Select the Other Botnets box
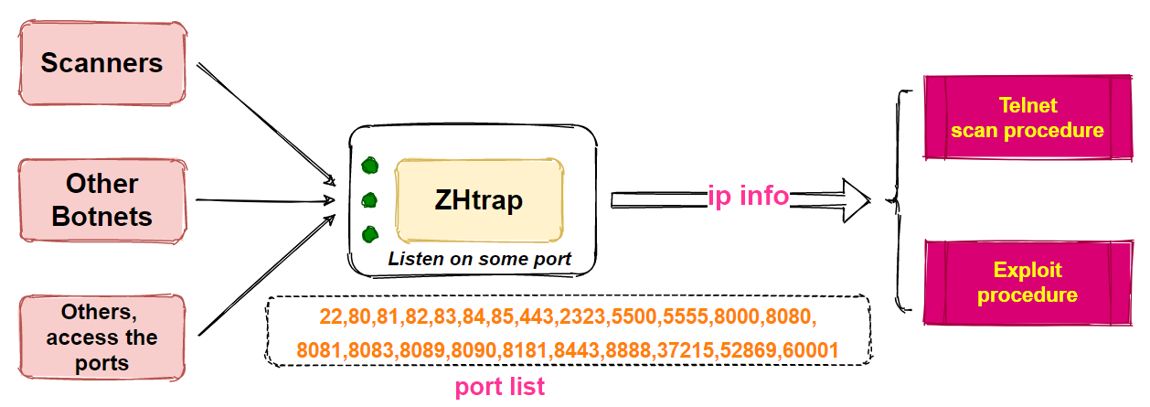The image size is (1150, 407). point(103,199)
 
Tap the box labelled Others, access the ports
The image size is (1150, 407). point(101,337)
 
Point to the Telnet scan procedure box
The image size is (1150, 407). point(1028,117)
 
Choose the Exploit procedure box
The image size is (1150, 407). point(1028,283)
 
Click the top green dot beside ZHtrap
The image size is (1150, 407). point(369,166)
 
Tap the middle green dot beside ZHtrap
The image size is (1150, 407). point(369,199)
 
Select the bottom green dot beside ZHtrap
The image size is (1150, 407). point(369,234)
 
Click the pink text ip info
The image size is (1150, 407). point(748,195)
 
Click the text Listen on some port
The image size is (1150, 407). point(480,259)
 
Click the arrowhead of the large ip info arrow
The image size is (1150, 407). point(855,199)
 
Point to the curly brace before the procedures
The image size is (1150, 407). point(900,199)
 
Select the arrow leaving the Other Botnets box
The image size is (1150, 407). point(265,199)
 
